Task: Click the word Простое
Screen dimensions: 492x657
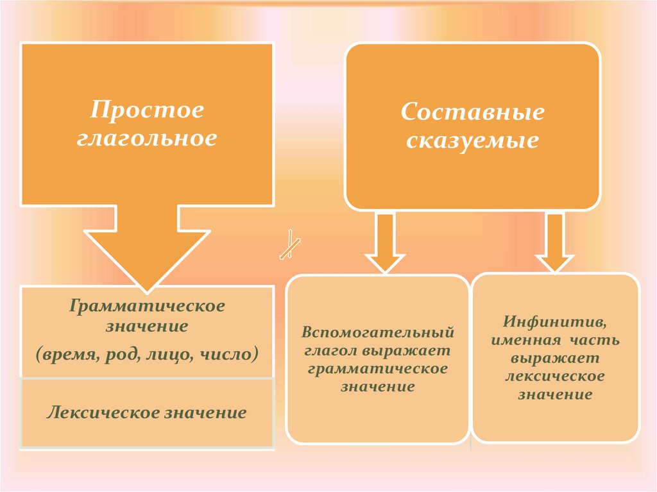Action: (147, 110)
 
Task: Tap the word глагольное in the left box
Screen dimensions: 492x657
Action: (147, 138)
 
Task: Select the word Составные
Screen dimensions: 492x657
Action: (472, 112)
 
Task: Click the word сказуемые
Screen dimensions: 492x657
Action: (472, 140)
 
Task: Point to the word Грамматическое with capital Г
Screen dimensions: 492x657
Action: (148, 305)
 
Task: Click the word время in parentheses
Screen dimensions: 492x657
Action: (72, 353)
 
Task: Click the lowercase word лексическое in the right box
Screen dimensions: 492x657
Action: (556, 376)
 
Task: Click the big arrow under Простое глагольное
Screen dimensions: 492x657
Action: (147, 247)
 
